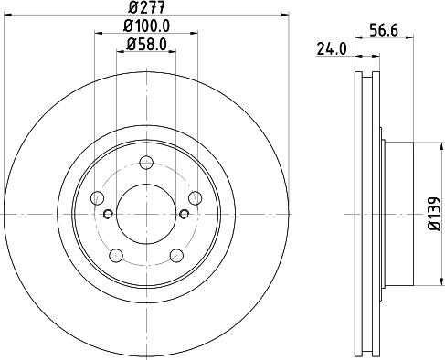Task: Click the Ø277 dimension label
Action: pos(146,7)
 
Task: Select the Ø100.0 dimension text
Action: pos(146,26)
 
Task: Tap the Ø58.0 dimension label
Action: pos(146,45)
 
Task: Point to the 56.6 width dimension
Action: pos(384,30)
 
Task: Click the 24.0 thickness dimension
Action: pos(332,49)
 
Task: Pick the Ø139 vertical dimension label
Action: pos(434,214)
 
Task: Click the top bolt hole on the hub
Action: pos(146,163)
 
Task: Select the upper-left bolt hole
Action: pos(97,198)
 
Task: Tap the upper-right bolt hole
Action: pos(196,198)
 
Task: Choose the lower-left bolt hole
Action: pos(116,256)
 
